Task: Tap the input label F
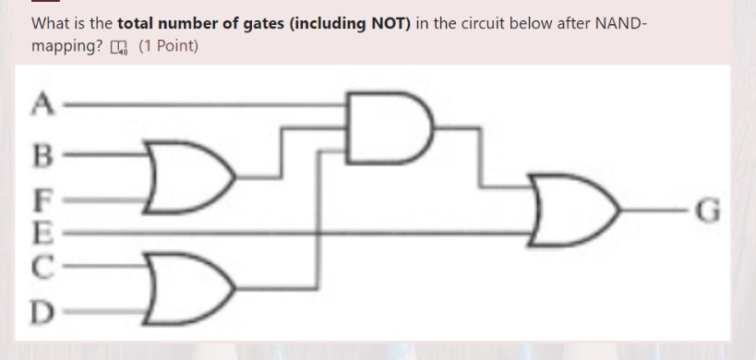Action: tap(41, 198)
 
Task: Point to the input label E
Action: tap(41, 231)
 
